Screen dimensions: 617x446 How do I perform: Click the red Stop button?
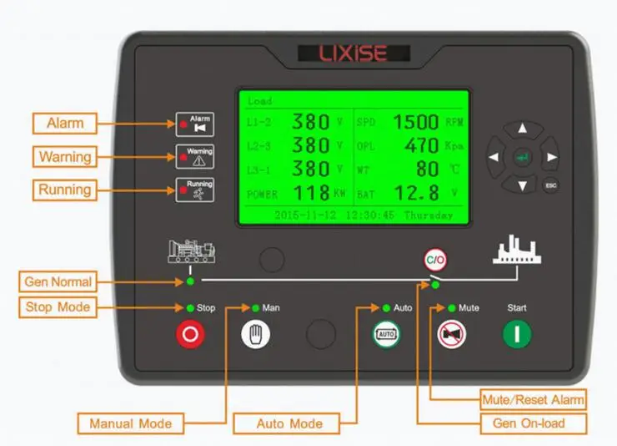coord(189,334)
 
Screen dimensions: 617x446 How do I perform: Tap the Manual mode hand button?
coord(256,334)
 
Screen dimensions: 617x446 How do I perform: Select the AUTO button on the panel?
coord(385,334)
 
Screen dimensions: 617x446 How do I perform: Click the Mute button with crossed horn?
coord(451,334)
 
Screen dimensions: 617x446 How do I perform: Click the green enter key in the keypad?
coord(522,157)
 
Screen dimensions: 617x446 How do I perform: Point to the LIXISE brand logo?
coord(354,54)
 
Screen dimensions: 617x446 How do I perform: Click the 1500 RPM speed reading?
coord(415,123)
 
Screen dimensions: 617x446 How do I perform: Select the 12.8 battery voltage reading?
coord(415,194)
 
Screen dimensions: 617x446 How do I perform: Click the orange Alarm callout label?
coord(64,124)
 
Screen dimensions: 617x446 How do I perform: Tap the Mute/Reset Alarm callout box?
coord(533,398)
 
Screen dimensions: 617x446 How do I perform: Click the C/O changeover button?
coord(435,259)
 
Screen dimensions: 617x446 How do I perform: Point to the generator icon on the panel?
coord(191,251)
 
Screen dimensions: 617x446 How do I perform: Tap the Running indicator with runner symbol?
coord(193,189)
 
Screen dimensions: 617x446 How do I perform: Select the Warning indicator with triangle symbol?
coord(193,156)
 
